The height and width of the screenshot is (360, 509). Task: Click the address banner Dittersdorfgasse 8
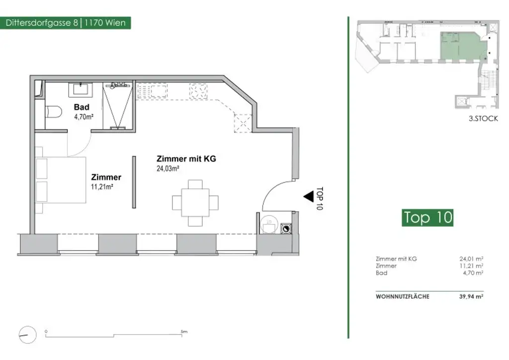[65, 23]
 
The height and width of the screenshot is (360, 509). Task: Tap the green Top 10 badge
[427, 217]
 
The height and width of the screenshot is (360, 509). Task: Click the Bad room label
[82, 107]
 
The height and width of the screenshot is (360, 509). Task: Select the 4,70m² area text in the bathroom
[84, 117]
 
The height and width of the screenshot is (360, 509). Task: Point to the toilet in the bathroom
[53, 112]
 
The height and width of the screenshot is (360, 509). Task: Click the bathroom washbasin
[80, 90]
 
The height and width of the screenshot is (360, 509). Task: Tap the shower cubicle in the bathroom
[117, 105]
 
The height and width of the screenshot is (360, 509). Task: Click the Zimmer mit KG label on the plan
[186, 159]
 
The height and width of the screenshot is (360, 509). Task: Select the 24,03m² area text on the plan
[168, 169]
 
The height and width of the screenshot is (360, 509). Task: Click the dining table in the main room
[195, 203]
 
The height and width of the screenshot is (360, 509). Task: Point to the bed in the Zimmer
[61, 180]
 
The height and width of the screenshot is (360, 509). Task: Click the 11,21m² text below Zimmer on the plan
[102, 187]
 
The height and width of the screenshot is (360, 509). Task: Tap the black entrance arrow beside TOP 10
[308, 196]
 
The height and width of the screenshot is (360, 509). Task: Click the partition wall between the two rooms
[134, 182]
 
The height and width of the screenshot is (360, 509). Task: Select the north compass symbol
[28, 335]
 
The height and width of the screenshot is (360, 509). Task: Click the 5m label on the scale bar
[184, 332]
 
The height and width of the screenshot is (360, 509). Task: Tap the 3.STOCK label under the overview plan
[483, 118]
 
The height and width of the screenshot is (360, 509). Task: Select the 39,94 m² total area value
[471, 296]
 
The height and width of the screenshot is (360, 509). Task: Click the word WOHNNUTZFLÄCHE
[403, 296]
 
